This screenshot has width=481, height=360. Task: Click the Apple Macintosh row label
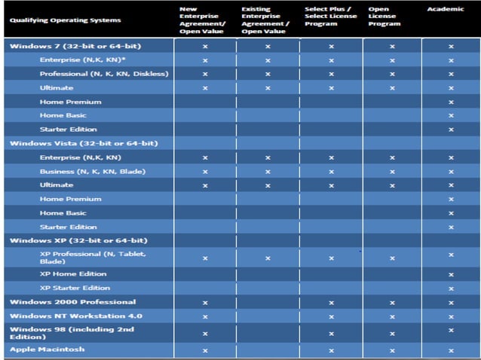[47, 349]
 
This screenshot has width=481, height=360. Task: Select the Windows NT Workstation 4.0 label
[65, 316]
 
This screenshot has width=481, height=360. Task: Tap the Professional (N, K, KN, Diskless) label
[104, 74]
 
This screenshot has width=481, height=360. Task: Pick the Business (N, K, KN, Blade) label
[93, 171]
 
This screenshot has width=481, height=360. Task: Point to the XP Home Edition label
[73, 273]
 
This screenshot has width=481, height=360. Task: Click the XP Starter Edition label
[75, 288]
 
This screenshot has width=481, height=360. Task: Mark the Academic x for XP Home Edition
[451, 274]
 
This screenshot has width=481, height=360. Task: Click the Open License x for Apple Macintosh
[392, 350]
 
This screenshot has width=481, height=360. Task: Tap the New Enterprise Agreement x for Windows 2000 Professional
[205, 302]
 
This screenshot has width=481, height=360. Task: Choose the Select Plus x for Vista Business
[330, 172]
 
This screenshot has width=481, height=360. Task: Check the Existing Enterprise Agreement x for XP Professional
[267, 258]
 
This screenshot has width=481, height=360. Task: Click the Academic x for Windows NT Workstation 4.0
[451, 316]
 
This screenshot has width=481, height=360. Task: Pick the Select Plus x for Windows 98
[330, 333]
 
